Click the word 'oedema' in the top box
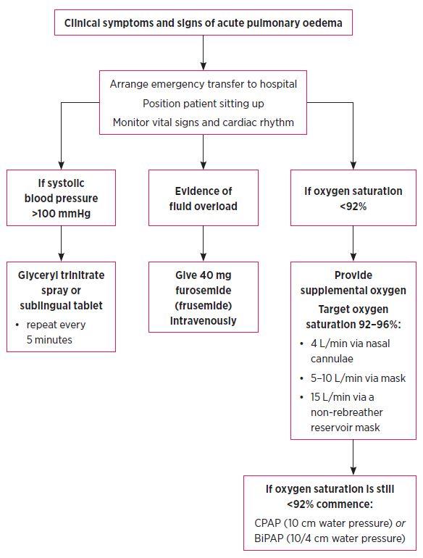[x=322, y=23]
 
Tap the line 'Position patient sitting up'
[x=203, y=104]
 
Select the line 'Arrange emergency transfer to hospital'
[x=203, y=84]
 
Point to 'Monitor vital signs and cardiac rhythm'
[x=203, y=122]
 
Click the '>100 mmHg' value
[x=61, y=214]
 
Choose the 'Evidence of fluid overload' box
[x=203, y=198]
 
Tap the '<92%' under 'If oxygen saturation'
[x=353, y=207]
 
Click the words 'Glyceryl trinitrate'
[x=61, y=275]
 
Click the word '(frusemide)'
[x=203, y=306]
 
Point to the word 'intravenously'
[x=203, y=320]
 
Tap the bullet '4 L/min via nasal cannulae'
[x=345, y=351]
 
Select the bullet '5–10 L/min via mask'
[x=353, y=378]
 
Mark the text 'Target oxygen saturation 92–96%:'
[x=353, y=317]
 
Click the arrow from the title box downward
[x=203, y=53]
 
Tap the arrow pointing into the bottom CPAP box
[x=353, y=457]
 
